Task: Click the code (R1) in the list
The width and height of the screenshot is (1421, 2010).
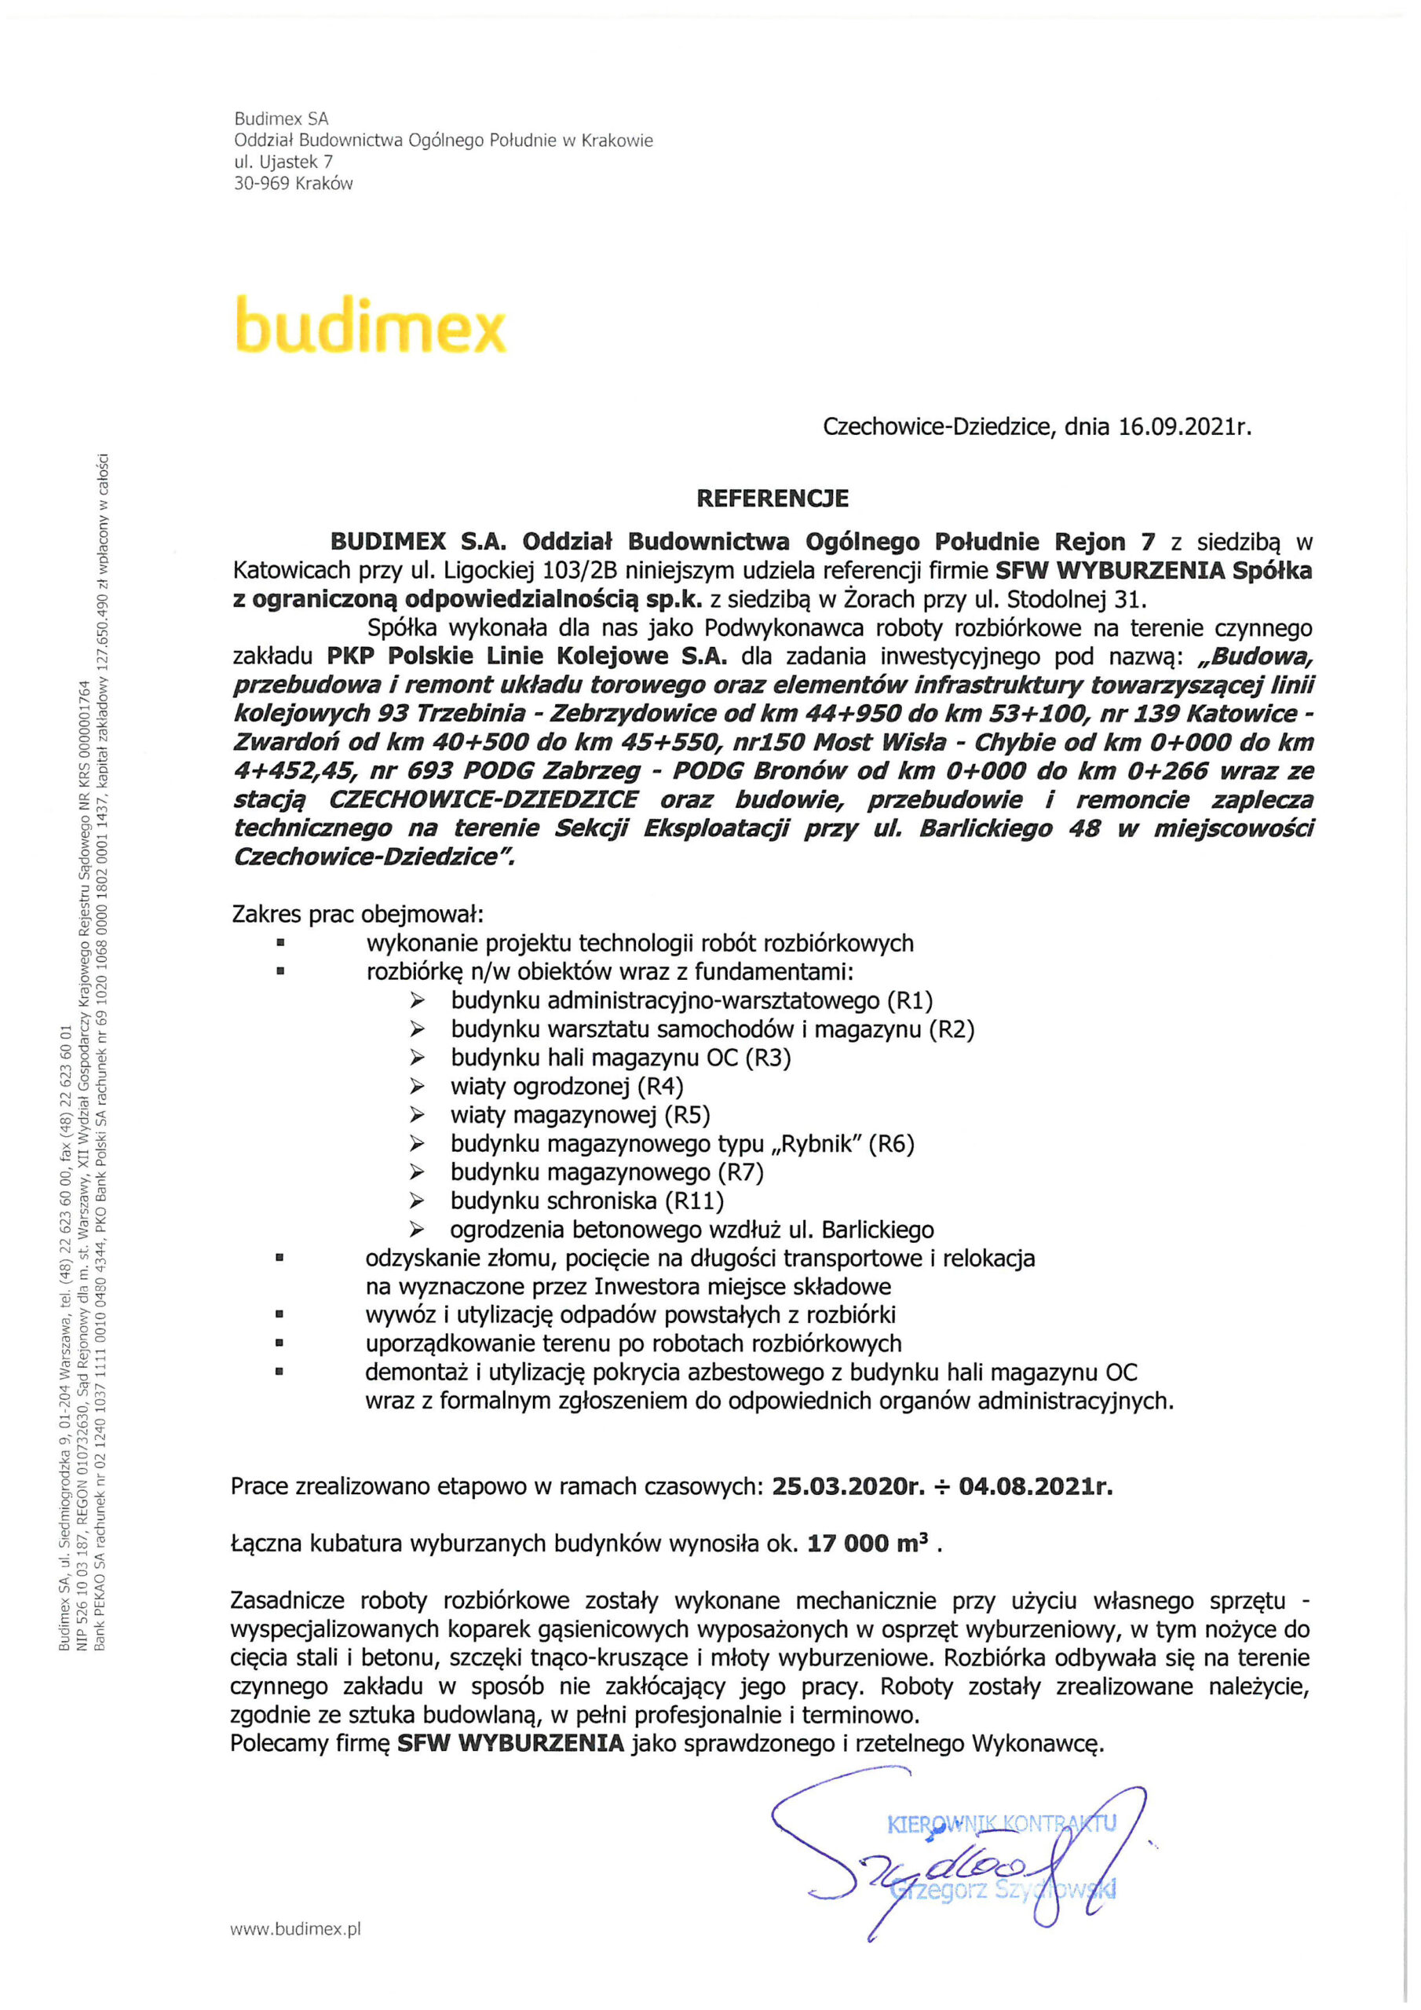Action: tap(911, 1000)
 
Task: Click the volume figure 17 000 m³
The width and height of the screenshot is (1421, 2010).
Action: tap(868, 1543)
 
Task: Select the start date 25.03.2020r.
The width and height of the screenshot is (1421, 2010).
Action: tap(849, 1486)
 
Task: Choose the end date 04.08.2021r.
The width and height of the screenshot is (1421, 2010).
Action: tap(1036, 1486)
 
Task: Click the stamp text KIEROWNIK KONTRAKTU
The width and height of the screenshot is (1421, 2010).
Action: tap(1002, 1824)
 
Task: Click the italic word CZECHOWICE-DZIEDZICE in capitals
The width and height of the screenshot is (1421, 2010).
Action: tap(484, 800)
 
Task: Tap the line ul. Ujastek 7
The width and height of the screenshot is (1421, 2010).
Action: tap(283, 162)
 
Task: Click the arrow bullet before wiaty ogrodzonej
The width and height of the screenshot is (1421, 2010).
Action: tap(418, 1087)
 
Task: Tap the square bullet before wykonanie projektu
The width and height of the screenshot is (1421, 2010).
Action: tap(280, 944)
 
